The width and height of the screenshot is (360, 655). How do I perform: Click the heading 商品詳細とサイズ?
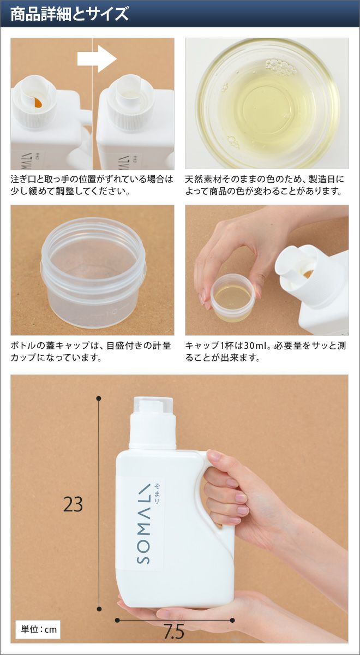70,14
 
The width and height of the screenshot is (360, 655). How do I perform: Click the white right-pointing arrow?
97,59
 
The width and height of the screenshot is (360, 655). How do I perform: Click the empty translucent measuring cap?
93,269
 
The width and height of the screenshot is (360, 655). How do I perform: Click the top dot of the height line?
99,398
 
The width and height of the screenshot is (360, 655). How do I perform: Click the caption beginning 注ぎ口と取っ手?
92,185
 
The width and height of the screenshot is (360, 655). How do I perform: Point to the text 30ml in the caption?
254,346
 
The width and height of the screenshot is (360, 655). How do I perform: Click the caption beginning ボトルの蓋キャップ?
91,351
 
